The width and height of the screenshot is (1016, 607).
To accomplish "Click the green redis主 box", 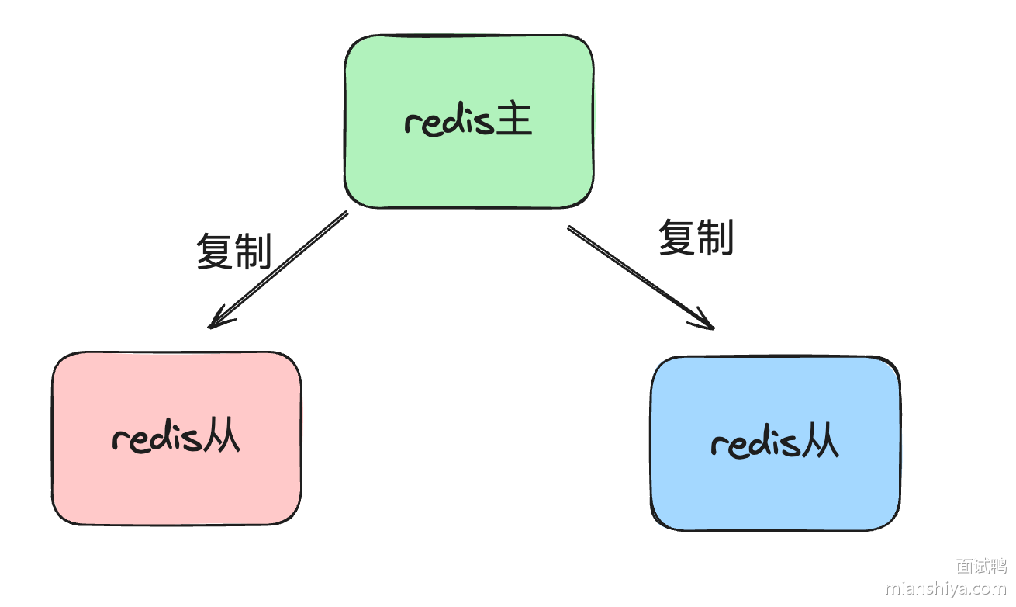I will pos(468,85).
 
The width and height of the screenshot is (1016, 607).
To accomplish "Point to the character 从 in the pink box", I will pos(222,438).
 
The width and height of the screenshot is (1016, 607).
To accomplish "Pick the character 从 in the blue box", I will pos(821,442).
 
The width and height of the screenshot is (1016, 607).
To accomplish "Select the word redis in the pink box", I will pos(157,439).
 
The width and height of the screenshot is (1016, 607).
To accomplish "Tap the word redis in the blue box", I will pos(756,443).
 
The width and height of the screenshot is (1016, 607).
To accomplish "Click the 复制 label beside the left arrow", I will pos(233,251).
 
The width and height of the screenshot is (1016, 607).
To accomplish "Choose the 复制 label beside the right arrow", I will pos(696,237).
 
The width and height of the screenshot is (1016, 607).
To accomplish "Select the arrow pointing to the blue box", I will pos(640,277).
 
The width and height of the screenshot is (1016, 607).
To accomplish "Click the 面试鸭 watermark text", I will pos(980,566).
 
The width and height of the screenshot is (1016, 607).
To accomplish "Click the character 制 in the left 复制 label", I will pos(253,251).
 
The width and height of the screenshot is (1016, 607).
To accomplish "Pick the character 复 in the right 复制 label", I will pos(676,237).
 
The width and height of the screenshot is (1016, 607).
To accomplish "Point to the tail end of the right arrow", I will pos(570,228).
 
